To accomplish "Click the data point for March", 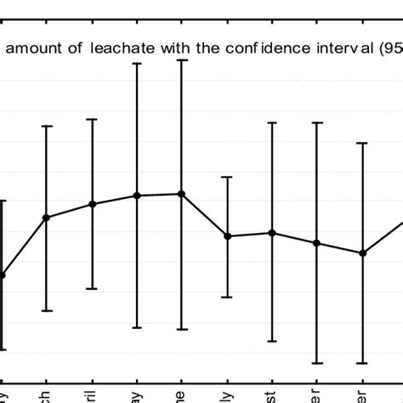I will (47, 218).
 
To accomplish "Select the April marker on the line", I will (92, 204).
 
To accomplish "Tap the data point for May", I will (137, 196).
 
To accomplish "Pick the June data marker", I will (181, 194).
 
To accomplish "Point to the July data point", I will (227, 236).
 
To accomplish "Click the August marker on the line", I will (272, 232).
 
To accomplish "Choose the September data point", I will (317, 243).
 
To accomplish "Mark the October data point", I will (363, 253).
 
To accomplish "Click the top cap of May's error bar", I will (137, 63).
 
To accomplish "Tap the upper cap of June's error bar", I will (181, 60).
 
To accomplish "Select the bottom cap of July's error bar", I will (227, 297).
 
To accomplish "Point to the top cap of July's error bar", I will (227, 177).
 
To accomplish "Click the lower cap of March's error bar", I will (47, 310).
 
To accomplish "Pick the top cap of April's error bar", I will (92, 119).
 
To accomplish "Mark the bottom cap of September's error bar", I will (317, 363).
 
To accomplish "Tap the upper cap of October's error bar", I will (363, 143).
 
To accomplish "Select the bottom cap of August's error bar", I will (272, 341).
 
